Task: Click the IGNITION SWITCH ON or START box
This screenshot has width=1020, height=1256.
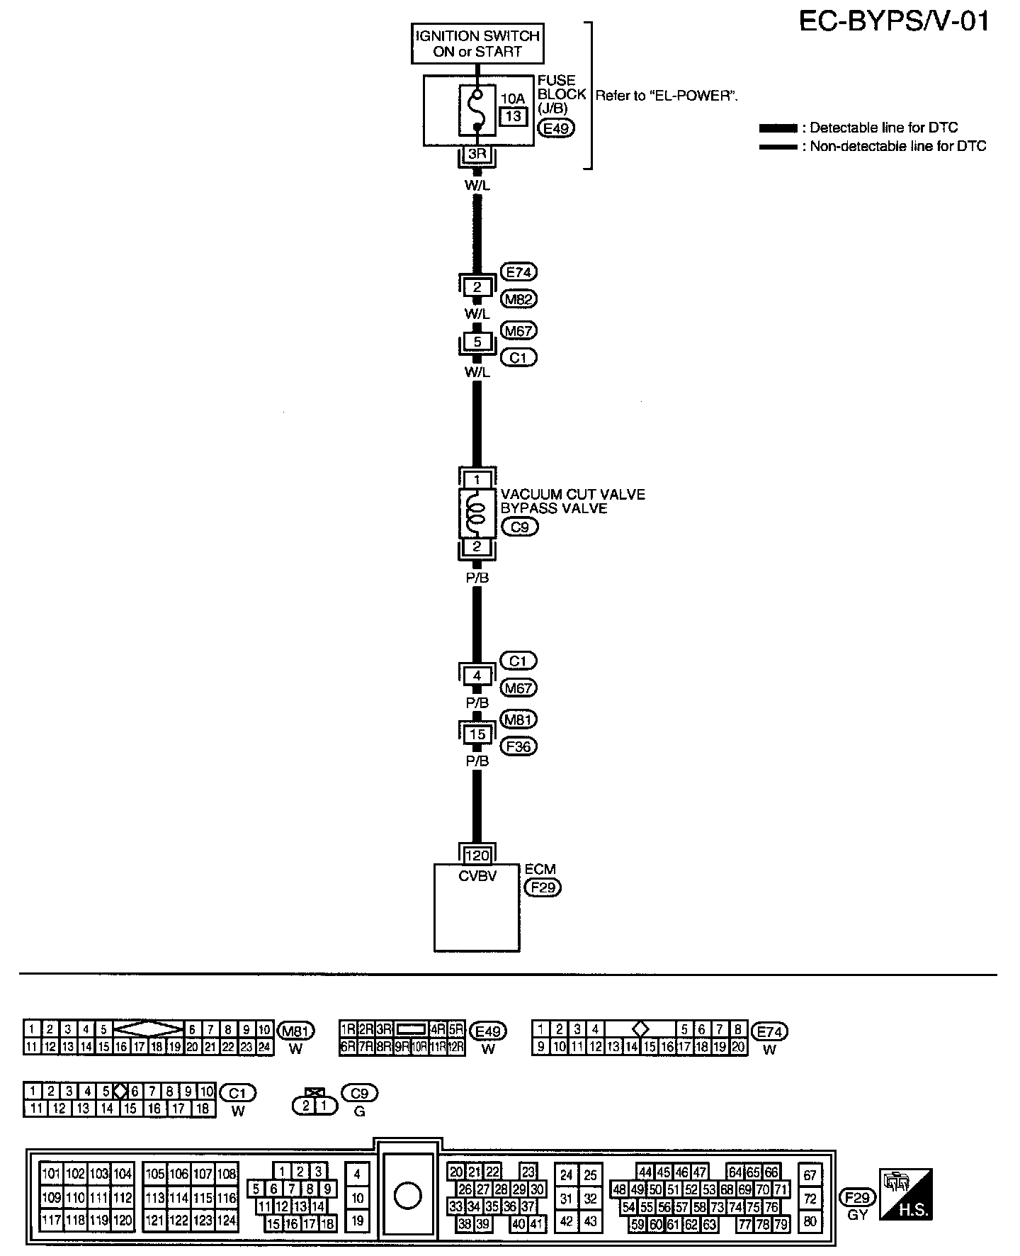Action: pos(477,44)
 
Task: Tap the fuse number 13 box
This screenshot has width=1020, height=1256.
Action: pos(514,116)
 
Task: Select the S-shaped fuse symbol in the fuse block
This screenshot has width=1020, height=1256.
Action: pos(477,111)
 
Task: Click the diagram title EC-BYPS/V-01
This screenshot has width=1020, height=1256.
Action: pos(894,22)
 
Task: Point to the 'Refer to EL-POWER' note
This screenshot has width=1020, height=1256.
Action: pos(667,96)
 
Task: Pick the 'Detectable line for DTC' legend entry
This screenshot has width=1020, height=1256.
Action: pos(858,128)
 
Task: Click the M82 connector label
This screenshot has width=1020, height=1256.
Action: pos(518,299)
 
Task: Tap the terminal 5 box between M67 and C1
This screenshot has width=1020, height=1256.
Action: pos(477,342)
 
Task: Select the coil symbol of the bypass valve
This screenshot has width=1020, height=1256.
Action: pos(477,512)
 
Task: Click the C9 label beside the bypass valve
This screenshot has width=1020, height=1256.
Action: pos(519,527)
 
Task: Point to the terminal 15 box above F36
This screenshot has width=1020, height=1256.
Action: pos(477,734)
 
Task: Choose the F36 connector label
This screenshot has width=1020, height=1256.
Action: pos(518,746)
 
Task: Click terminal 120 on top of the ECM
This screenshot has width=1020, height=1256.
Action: pos(477,856)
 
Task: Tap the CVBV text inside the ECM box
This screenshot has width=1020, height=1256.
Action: pos(477,876)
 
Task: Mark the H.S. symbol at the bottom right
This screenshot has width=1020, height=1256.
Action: pos(906,1194)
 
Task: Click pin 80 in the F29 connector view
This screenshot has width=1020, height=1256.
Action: pos(810,1221)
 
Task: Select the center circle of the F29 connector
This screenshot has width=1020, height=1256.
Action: pos(407,1197)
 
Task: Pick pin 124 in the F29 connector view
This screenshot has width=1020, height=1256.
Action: pos(227,1221)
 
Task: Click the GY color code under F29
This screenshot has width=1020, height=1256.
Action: pos(857,1215)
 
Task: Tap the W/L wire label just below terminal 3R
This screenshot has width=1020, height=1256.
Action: pos(477,186)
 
